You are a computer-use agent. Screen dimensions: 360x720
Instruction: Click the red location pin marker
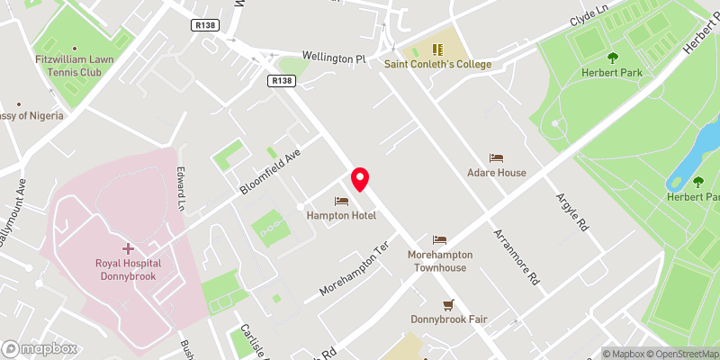(x=361, y=178)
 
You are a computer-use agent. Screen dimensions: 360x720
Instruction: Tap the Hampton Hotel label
(x=342, y=216)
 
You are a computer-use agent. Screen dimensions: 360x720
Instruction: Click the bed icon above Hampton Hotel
(x=341, y=201)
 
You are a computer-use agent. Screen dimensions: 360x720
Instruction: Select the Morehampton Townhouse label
(x=439, y=261)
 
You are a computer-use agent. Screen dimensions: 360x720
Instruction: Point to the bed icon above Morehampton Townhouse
(x=439, y=239)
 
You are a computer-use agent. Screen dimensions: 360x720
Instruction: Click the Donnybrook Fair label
(x=447, y=319)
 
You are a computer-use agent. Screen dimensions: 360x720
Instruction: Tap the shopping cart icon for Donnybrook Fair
(x=447, y=304)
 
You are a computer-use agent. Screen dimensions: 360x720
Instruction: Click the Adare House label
(x=497, y=173)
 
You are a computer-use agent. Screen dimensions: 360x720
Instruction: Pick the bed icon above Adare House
(x=497, y=157)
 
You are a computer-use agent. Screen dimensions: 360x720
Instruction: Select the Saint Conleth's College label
(x=437, y=64)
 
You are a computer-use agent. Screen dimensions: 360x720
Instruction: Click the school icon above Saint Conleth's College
(x=437, y=49)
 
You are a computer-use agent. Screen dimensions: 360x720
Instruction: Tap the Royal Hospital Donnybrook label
(x=126, y=270)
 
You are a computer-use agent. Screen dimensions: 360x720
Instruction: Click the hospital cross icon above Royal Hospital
(x=127, y=247)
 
